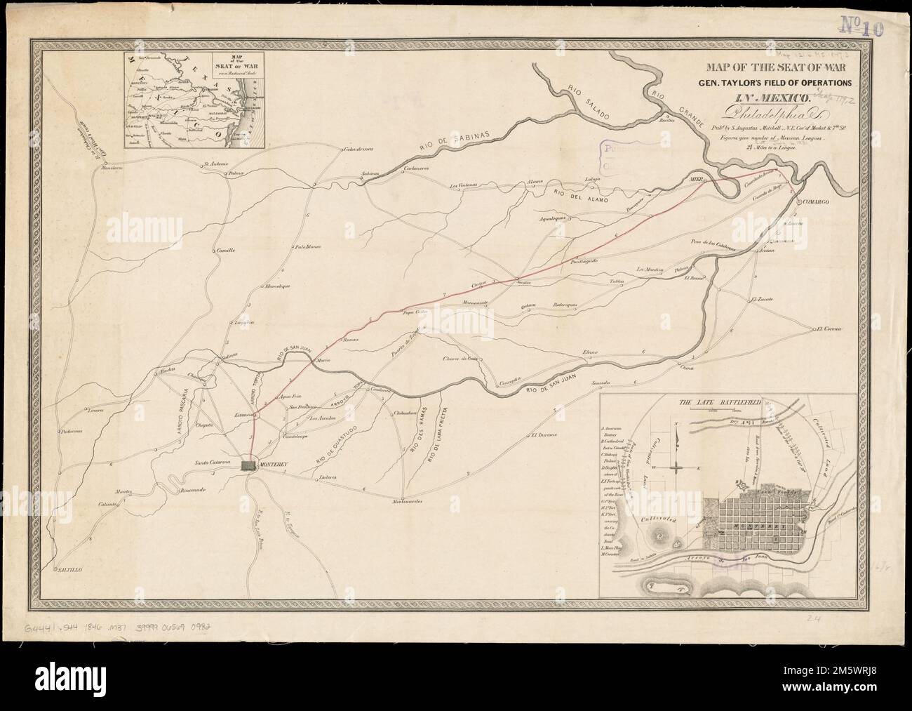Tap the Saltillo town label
(69, 571)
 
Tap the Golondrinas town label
(358, 150)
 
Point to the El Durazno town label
(544, 435)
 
